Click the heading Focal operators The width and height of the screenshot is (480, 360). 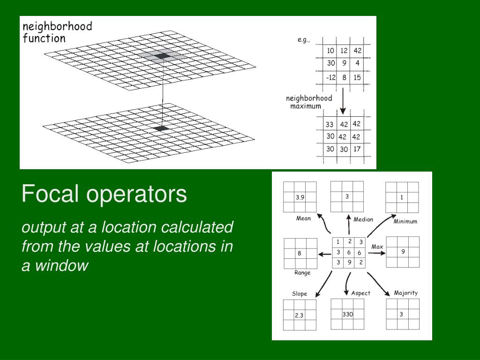coord(104,194)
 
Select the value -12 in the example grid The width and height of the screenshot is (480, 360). coord(330,77)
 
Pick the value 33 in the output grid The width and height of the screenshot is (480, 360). coord(330,125)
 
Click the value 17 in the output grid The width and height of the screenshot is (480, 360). coord(357,149)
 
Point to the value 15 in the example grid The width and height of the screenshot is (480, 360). coord(357,77)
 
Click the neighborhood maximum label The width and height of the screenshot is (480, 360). coord(309,102)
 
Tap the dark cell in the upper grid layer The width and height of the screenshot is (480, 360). coord(162,56)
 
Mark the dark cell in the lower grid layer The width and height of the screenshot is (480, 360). coord(160,128)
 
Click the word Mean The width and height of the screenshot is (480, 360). coord(303,218)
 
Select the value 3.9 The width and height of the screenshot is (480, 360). coord(300,198)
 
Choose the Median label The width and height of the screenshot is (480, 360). coord(363,219)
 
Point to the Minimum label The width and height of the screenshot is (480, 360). coord(405,221)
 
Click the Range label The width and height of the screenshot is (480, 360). coord(302,272)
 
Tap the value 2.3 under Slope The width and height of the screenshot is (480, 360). coord(299,316)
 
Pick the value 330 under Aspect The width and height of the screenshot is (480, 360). coord(347,315)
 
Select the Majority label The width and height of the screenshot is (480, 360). coord(405,293)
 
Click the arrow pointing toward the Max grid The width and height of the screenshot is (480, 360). coord(377,253)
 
